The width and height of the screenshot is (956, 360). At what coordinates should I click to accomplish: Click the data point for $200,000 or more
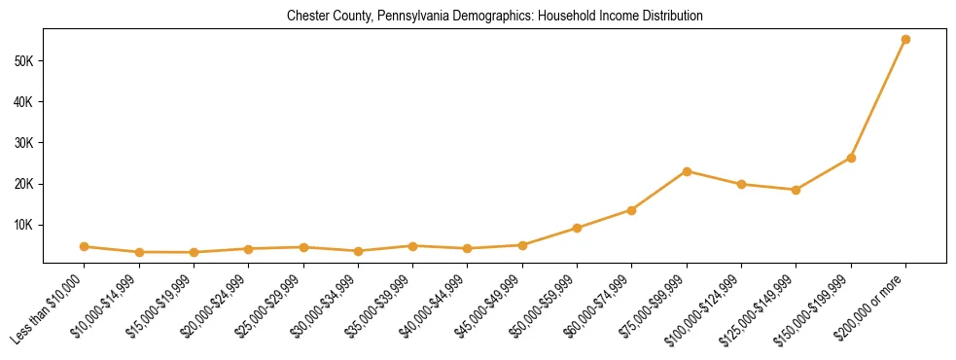coord(905,39)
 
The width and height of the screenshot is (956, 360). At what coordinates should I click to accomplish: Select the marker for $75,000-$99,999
coord(687,171)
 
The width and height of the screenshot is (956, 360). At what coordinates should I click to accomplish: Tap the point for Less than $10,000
coord(85,246)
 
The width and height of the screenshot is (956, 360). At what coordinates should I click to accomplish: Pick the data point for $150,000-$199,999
coord(851,158)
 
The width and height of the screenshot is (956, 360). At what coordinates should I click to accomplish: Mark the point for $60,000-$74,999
coord(632,210)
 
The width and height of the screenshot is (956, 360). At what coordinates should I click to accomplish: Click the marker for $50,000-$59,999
coord(577,228)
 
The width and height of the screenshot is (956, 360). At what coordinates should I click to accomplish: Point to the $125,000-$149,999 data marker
coord(796,190)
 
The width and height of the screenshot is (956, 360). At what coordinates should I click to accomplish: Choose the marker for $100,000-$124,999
coord(741,184)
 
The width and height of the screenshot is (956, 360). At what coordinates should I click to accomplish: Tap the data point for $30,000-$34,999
coord(358,251)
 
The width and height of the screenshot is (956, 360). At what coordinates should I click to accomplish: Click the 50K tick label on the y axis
coord(23,61)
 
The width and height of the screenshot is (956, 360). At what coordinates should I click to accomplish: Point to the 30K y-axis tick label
coord(23,143)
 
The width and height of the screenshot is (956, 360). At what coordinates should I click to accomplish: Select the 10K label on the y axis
coord(23,225)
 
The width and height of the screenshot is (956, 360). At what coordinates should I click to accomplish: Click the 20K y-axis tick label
coord(23,184)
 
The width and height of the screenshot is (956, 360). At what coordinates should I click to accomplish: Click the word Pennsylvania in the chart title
coord(418,17)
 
